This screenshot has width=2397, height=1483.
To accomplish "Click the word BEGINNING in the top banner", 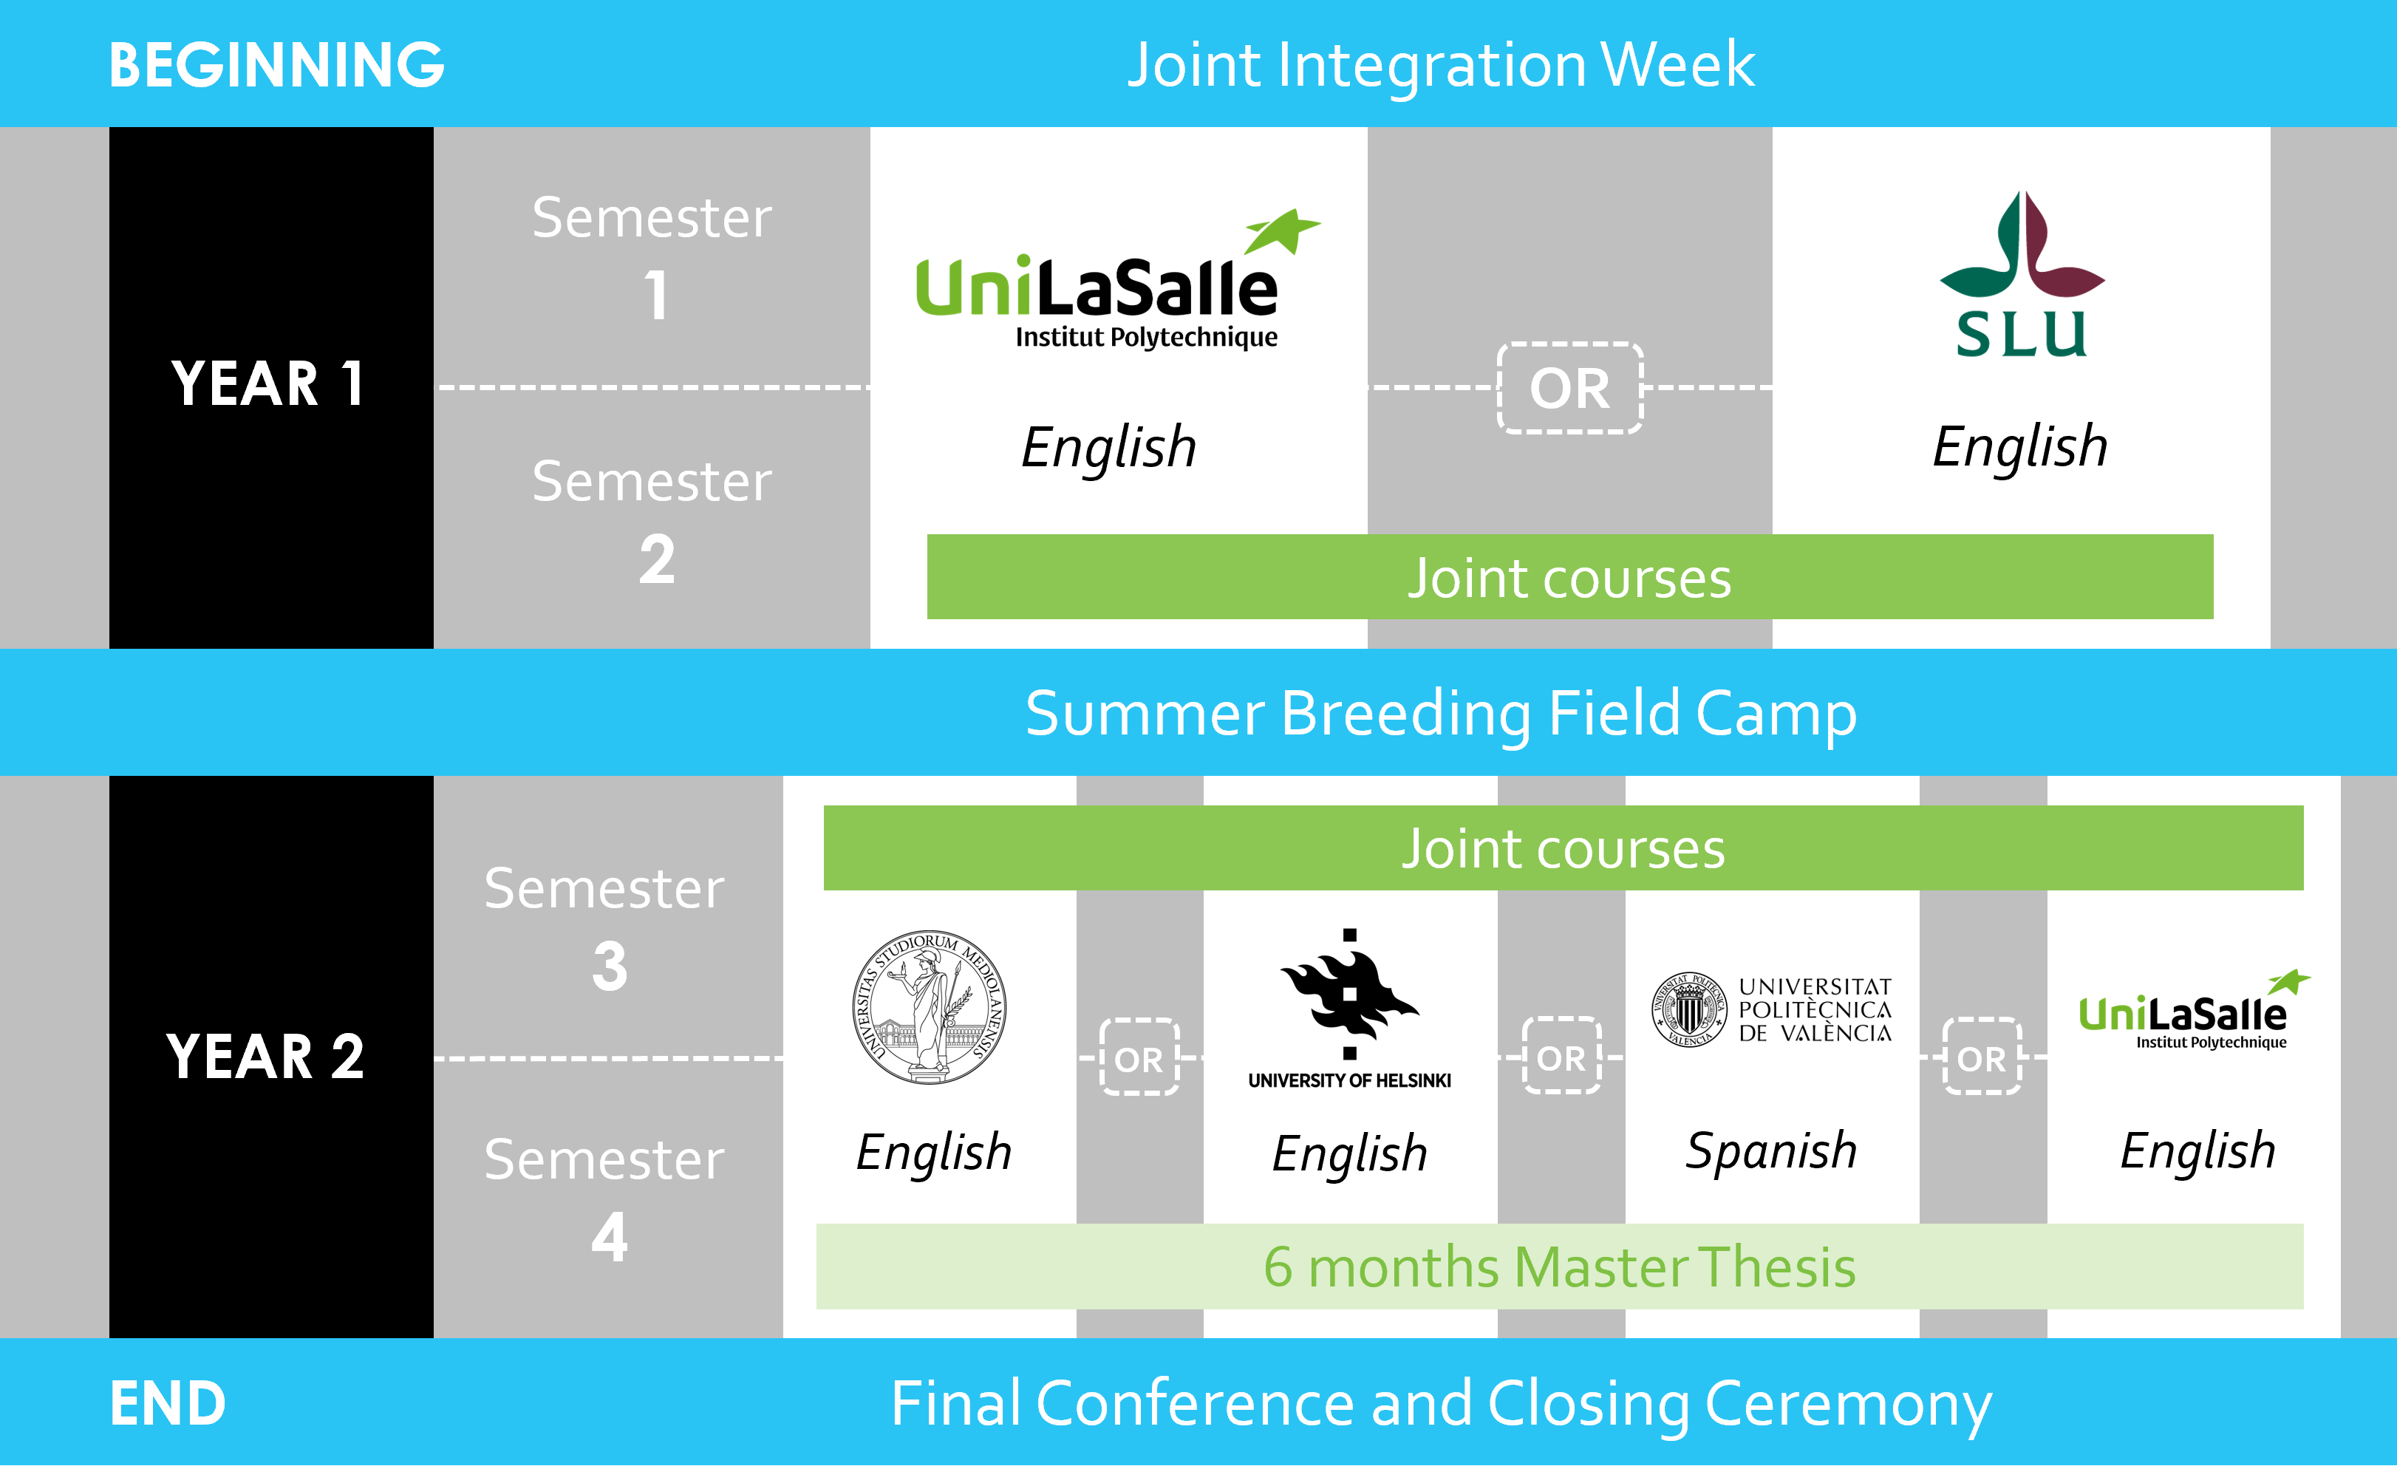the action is (x=276, y=65).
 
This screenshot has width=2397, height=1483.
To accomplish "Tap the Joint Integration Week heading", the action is (x=1441, y=66).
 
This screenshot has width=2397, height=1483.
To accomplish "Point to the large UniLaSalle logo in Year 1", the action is (x=1118, y=279).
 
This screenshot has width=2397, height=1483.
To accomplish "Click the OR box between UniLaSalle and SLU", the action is (x=1570, y=389).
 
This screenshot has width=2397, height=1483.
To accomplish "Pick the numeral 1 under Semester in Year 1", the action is (x=656, y=296).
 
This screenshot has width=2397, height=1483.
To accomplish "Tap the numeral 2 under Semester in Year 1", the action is (x=657, y=560).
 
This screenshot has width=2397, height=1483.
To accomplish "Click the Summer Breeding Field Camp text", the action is (x=1441, y=713).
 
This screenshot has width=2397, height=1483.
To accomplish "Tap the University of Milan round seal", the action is (x=929, y=1007).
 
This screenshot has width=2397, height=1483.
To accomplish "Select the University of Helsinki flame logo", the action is (x=1349, y=994).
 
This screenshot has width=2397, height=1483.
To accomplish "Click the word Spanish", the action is (x=1771, y=1151).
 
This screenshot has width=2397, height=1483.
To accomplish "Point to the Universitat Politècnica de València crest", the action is (x=1689, y=1009).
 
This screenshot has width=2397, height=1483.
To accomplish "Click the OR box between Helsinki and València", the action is (x=1561, y=1057).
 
